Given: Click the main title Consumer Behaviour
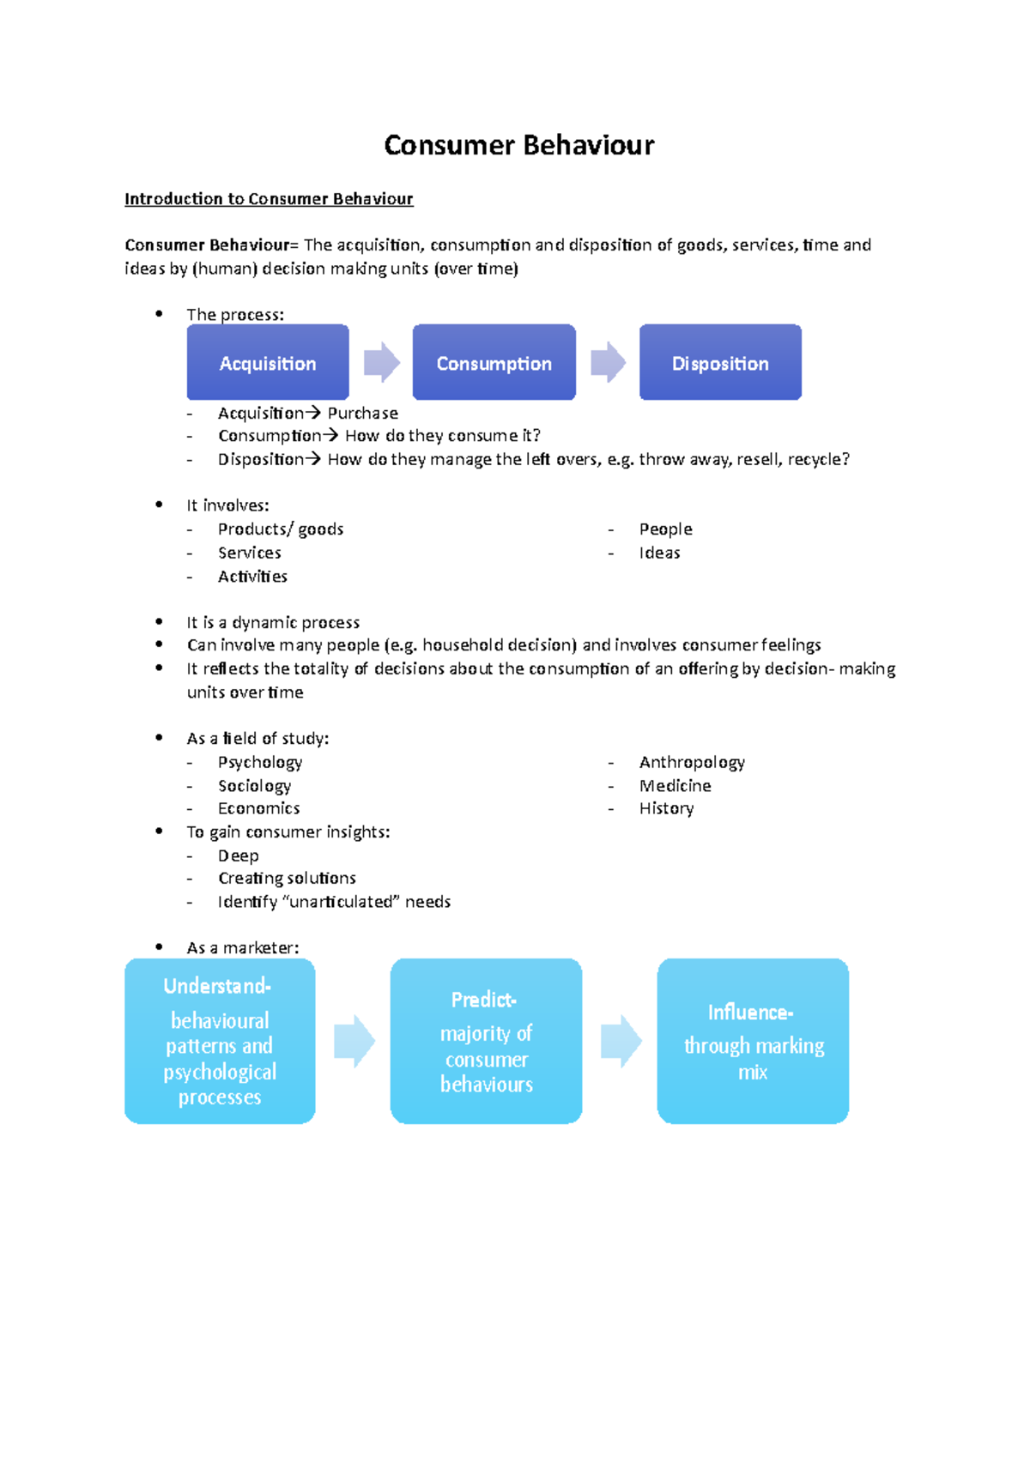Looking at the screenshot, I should pyautogui.click(x=518, y=145).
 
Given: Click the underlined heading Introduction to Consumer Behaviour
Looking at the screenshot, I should pyautogui.click(x=269, y=199).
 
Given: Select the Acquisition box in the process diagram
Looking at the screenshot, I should pyautogui.click(x=268, y=363).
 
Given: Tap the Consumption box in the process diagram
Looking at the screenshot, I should pyautogui.click(x=494, y=363).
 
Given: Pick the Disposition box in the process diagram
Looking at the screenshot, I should pyautogui.click(x=720, y=363).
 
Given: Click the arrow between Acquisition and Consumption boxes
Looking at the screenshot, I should pyautogui.click(x=382, y=362).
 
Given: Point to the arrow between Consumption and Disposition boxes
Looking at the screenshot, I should pyautogui.click(x=608, y=362).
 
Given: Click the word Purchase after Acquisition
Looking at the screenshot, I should pyautogui.click(x=362, y=414).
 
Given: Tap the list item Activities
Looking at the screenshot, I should pyautogui.click(x=252, y=577).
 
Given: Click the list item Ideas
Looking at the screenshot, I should pyautogui.click(x=659, y=553).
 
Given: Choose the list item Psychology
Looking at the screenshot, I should pyautogui.click(x=260, y=762).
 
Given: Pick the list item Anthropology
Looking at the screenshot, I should pyautogui.click(x=692, y=762).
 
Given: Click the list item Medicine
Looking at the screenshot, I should pyautogui.click(x=675, y=786).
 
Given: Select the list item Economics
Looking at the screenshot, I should pyautogui.click(x=258, y=808).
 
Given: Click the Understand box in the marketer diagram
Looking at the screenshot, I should pyautogui.click(x=220, y=1041).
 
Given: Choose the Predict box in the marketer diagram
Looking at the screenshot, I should pyautogui.click(x=486, y=1041).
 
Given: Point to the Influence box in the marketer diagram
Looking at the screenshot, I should pyautogui.click(x=753, y=1041).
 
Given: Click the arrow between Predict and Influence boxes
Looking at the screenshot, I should pyautogui.click(x=621, y=1041).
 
